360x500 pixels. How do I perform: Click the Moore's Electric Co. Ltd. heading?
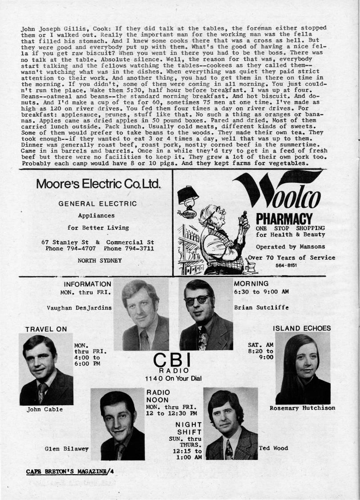click(98, 184)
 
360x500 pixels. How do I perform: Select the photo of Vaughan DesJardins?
click(142, 315)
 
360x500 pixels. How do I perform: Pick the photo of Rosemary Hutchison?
click(303, 368)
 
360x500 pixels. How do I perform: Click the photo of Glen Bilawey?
click(118, 423)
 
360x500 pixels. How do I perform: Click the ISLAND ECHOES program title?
click(302, 328)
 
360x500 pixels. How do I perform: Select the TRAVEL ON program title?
click(46, 329)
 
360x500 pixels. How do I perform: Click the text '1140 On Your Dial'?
click(173, 379)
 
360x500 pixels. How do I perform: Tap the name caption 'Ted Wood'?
click(273, 448)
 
